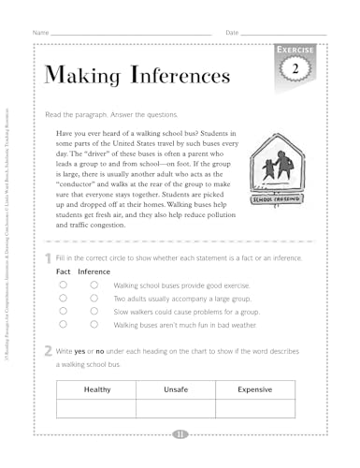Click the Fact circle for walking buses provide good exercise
point(63,284)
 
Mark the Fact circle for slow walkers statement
point(63,310)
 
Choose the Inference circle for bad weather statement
point(94,324)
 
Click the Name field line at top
point(131,34)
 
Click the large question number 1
point(47,256)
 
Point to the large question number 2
point(47,351)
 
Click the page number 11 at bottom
point(180,433)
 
